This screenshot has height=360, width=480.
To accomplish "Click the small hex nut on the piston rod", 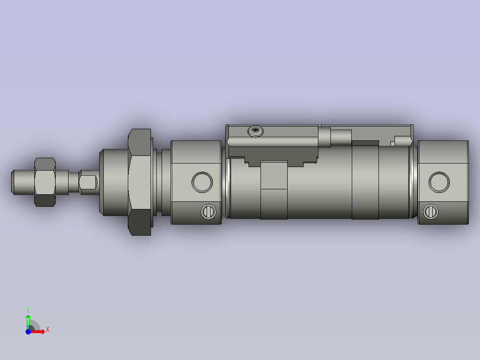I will [x=45, y=182].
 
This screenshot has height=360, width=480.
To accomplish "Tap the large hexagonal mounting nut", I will [x=140, y=182].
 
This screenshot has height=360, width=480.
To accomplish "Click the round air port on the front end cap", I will [x=202, y=182].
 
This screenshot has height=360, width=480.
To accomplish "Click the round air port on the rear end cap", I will [x=439, y=182].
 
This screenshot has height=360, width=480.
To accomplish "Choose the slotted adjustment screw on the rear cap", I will [x=431, y=211].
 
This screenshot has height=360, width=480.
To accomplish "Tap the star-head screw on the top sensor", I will [x=256, y=131].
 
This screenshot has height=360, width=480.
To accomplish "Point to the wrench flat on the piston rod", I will [x=89, y=182].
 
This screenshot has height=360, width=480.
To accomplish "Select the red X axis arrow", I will [x=39, y=331].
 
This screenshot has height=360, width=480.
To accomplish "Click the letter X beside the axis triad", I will [x=48, y=330].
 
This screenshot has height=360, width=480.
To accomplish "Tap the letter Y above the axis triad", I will [x=28, y=309].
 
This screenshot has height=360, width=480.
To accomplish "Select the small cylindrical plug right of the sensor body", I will [x=341, y=136].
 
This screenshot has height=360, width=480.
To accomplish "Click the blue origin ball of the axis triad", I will [x=28, y=331].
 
